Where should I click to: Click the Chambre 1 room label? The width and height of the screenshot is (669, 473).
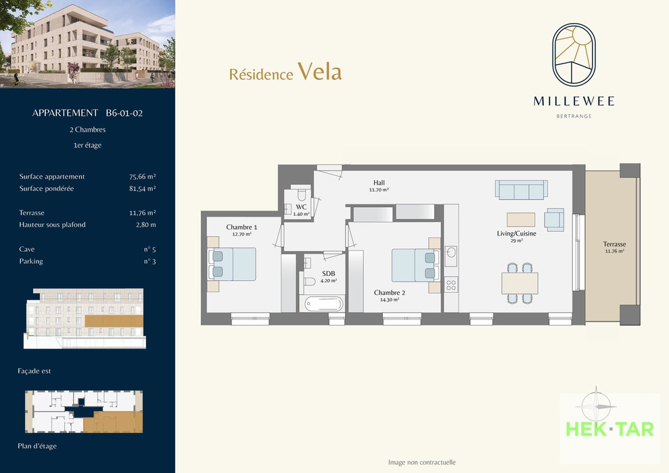click(x=241, y=227)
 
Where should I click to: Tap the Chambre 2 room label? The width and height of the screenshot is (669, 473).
click(x=390, y=292)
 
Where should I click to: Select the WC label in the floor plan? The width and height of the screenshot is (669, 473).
click(x=301, y=206)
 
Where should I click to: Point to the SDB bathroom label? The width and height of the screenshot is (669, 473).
click(x=329, y=273)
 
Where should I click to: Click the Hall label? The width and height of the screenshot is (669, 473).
click(x=379, y=183)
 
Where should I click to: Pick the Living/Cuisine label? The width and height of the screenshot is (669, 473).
click(x=516, y=233)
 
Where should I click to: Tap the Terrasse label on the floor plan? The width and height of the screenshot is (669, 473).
click(x=614, y=244)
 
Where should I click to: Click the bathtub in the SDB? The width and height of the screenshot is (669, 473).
click(x=324, y=304)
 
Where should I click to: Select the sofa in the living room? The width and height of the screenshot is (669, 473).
click(x=521, y=189)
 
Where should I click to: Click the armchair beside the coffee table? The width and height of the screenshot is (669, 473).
click(x=554, y=219)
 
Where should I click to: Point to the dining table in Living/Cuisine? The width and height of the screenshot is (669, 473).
click(x=520, y=283)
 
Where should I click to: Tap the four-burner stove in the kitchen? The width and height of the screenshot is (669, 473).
click(x=451, y=285)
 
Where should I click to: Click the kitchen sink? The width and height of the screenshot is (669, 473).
click(x=451, y=254)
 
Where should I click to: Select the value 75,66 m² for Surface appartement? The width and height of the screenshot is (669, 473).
click(x=143, y=177)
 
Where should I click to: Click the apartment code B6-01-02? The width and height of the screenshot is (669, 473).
click(x=124, y=113)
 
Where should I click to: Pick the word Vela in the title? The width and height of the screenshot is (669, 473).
click(x=319, y=71)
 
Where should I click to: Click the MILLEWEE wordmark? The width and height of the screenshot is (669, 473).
click(x=574, y=102)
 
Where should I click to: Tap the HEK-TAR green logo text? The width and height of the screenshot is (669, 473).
click(x=609, y=429)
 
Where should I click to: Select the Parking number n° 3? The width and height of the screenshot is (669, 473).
click(x=149, y=261)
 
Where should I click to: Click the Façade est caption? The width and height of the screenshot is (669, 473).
click(x=34, y=371)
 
